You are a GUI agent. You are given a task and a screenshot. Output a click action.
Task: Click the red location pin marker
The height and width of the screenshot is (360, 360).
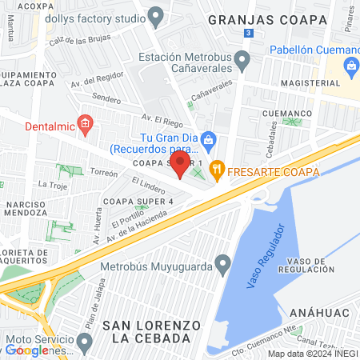click(181, 165)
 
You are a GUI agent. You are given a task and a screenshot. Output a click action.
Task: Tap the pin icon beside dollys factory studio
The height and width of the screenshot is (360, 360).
click(157, 14)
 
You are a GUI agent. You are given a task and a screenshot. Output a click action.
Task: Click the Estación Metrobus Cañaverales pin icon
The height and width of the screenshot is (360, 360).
click(243, 59)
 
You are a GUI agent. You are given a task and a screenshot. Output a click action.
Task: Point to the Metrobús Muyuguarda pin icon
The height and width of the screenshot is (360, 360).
click(222, 262)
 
